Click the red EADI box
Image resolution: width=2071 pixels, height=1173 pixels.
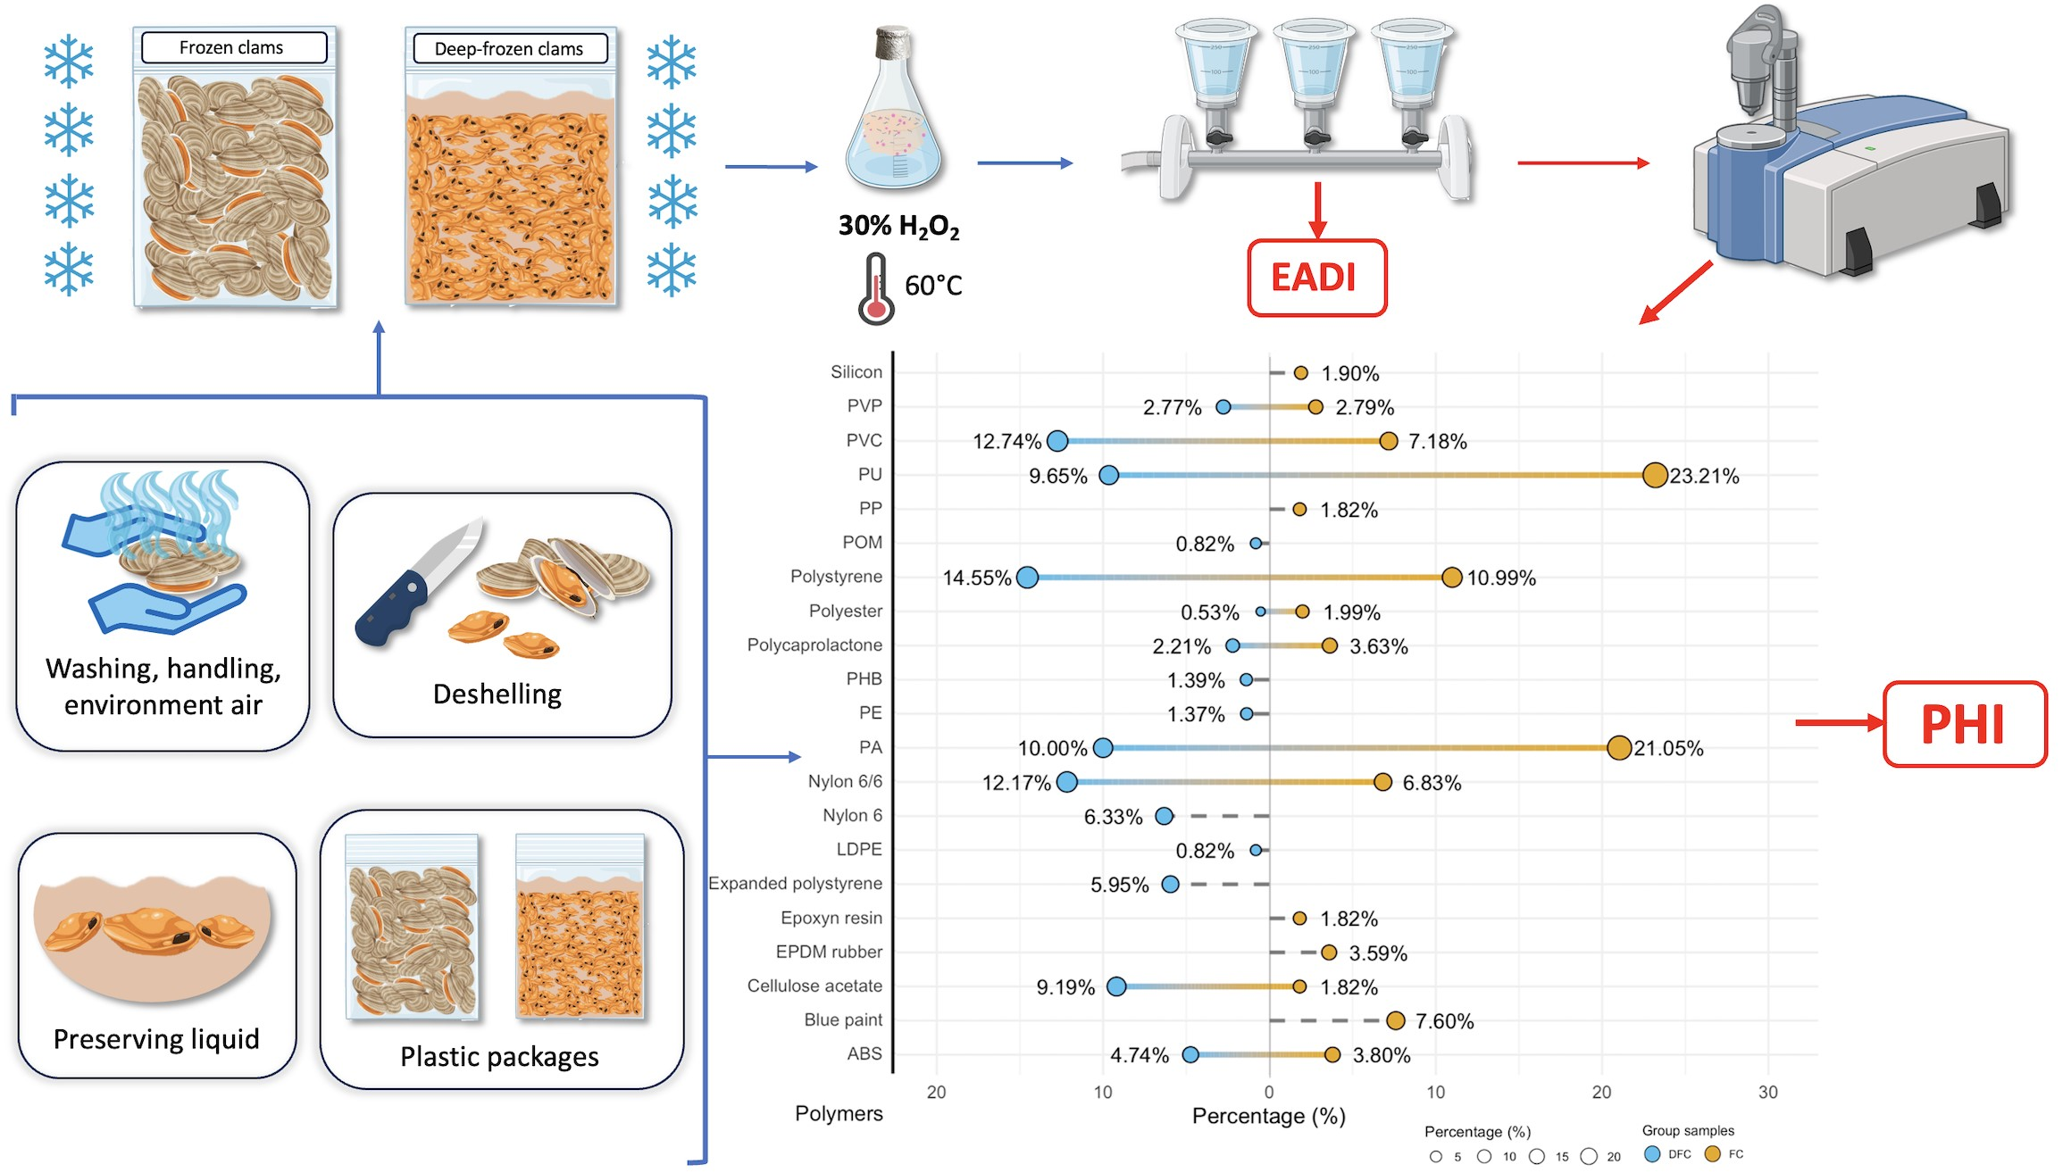click(1316, 278)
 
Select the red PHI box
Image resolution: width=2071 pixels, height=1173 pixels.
click(1964, 724)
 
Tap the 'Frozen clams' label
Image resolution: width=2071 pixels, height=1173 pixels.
click(231, 48)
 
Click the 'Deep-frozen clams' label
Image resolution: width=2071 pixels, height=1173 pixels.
click(509, 49)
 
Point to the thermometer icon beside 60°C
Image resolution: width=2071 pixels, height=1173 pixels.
click(876, 288)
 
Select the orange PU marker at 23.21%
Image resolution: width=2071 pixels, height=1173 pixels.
click(1655, 475)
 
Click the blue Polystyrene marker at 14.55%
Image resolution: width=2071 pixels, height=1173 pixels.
click(1028, 578)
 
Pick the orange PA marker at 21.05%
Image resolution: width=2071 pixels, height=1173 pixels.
click(1618, 748)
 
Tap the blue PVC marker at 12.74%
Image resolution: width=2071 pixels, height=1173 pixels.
click(1057, 441)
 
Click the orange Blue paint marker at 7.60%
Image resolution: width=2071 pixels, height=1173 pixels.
click(1395, 1020)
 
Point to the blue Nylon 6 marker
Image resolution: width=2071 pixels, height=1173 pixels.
click(1164, 816)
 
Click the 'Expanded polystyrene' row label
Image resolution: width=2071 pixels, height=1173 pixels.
click(795, 884)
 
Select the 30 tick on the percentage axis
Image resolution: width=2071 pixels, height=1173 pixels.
click(1767, 1092)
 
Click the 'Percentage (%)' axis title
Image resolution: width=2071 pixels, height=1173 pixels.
click(1268, 1116)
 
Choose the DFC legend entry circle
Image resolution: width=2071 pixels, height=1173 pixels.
click(1652, 1154)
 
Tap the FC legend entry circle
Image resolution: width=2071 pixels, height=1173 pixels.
click(1712, 1154)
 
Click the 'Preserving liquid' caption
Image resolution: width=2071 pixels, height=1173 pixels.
click(156, 1039)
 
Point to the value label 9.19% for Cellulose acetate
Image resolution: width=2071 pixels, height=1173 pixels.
click(1065, 987)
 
